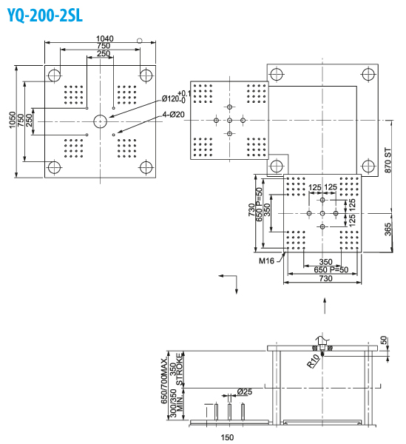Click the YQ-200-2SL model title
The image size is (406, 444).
click(44, 15)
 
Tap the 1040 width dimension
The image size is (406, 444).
click(105, 38)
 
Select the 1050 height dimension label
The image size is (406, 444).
click(12, 120)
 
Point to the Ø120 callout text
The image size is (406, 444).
click(170, 98)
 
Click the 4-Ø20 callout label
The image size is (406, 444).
click(174, 115)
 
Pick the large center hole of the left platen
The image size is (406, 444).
click(100, 121)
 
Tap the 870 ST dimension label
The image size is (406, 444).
click(388, 161)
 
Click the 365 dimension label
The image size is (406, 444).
click(388, 229)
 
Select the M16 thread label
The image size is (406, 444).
click(266, 260)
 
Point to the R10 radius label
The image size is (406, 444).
click(314, 361)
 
